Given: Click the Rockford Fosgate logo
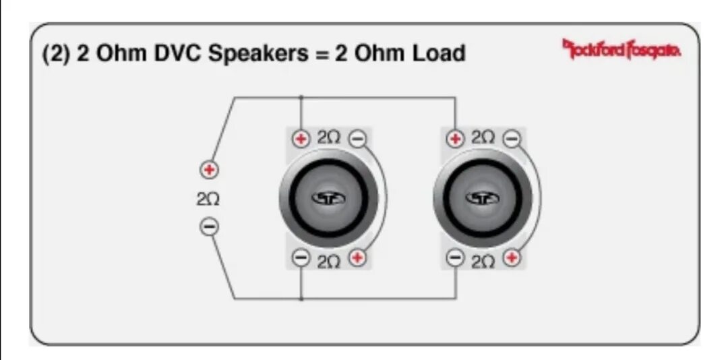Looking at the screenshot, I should click(621, 49).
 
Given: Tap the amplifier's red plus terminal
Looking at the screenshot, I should click(210, 170).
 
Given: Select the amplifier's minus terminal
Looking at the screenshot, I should click(210, 227).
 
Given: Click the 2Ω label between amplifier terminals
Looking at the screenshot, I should click(208, 200).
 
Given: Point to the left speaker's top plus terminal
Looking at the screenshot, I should click(301, 139).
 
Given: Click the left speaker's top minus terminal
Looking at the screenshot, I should click(358, 139).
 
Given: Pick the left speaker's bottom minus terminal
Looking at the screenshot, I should click(301, 258).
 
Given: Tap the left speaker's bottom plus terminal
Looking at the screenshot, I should click(358, 258).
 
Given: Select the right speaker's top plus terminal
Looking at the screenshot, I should click(456, 139).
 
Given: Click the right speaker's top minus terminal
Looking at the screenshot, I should click(513, 139).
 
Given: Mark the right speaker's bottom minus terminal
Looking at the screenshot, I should click(456, 258).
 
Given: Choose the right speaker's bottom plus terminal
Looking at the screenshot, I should click(513, 258).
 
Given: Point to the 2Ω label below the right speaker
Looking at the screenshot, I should click(484, 262).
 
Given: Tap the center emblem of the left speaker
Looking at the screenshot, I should click(329, 198).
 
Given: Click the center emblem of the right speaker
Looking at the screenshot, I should click(483, 198).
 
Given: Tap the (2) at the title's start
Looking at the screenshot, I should click(57, 53).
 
